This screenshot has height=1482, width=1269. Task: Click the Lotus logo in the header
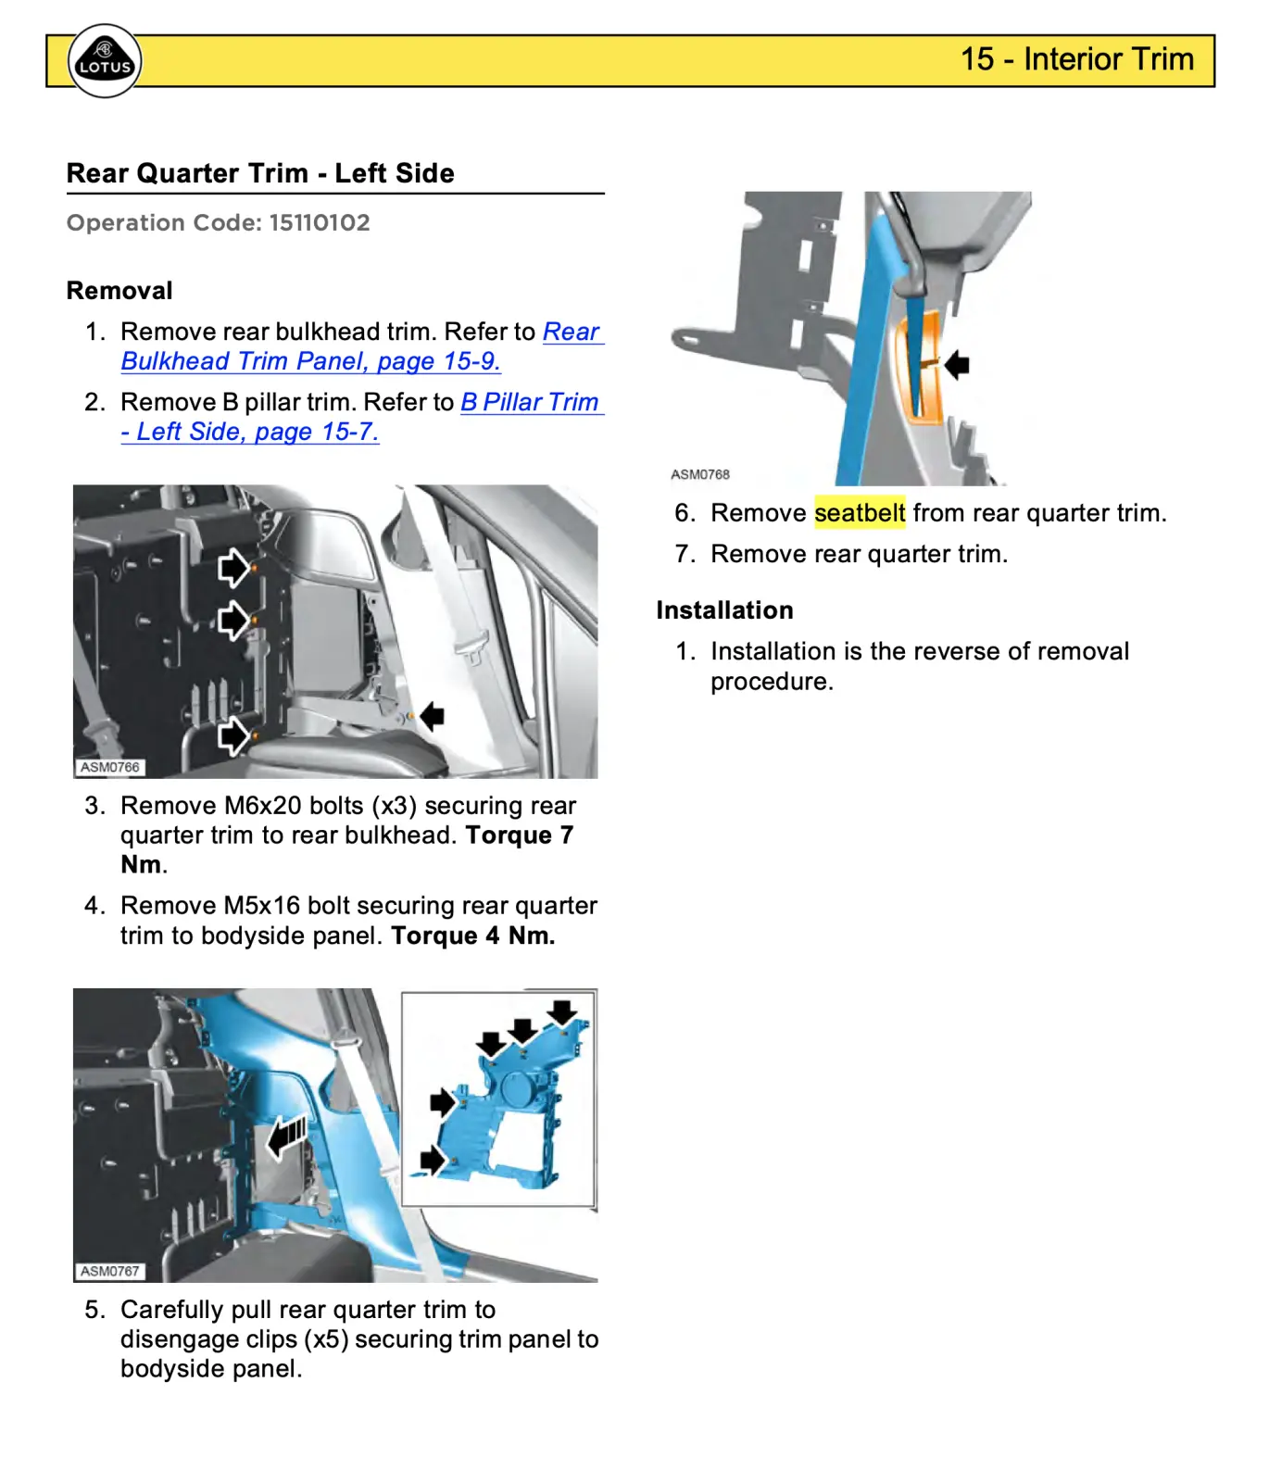[x=105, y=61]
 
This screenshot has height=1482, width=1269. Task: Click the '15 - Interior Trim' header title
[x=1076, y=59]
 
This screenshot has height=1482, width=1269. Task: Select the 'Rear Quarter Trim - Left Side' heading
[x=260, y=173]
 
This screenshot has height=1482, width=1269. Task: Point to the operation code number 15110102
[x=320, y=223]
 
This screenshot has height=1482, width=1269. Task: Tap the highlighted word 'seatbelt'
[x=859, y=513]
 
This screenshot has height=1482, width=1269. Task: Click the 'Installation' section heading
[x=724, y=610]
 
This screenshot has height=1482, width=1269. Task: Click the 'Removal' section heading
[x=119, y=291]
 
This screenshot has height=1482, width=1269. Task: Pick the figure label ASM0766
[x=109, y=768]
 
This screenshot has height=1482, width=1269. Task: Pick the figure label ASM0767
[x=109, y=1272]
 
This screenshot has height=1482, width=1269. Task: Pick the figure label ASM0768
[x=700, y=474]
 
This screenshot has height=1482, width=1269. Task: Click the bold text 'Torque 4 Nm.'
[x=472, y=936]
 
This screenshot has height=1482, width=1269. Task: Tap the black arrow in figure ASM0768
[x=957, y=365]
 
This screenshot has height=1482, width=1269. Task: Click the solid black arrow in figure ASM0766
[x=432, y=716]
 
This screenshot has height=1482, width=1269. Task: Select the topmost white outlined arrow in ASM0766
[x=233, y=567]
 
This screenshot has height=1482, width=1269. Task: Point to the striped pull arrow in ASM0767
[x=287, y=1137]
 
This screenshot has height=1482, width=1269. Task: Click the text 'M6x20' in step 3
[x=262, y=806]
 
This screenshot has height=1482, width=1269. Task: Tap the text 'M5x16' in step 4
[x=262, y=906]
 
